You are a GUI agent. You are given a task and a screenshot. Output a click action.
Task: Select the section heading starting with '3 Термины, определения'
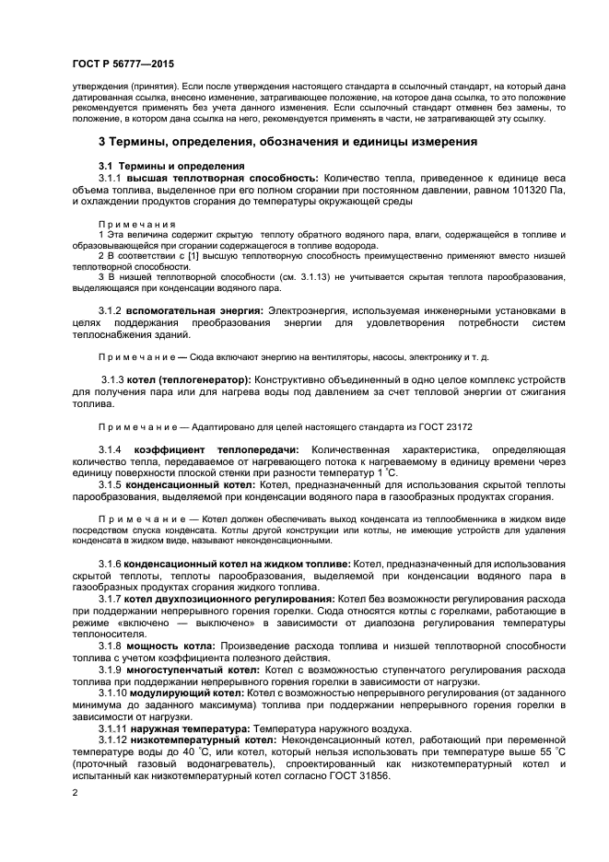[x=287, y=142]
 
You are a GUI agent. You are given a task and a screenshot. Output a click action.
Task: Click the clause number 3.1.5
[x=110, y=483]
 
